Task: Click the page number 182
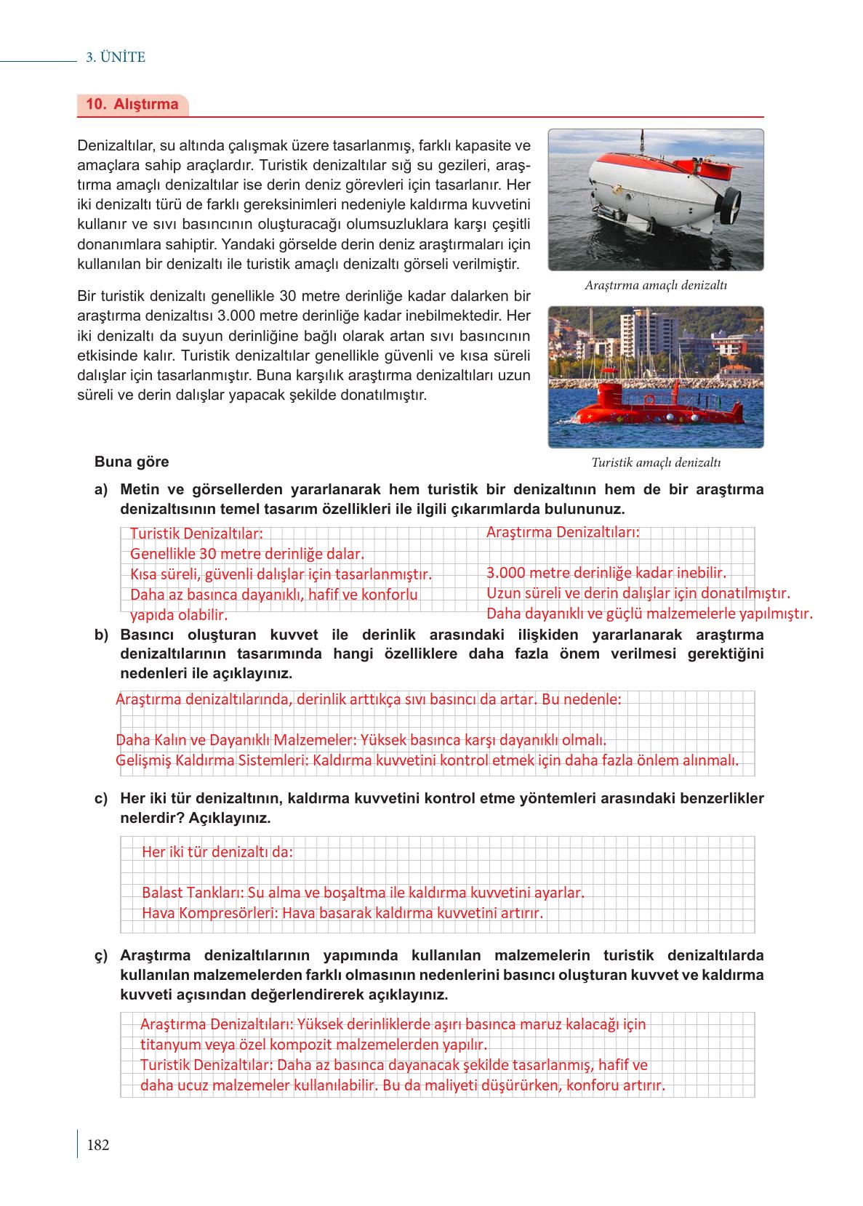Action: pyautogui.click(x=97, y=1146)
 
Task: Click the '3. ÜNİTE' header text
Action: pyautogui.click(x=116, y=57)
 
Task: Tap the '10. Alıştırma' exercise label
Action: pyautogui.click(x=132, y=104)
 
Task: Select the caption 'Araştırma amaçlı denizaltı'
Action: pyautogui.click(x=655, y=286)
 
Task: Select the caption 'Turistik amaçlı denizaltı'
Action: pyautogui.click(x=655, y=462)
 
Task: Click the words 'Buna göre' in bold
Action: pyautogui.click(x=132, y=462)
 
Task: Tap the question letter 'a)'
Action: pyautogui.click(x=101, y=490)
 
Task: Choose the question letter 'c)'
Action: pyautogui.click(x=101, y=799)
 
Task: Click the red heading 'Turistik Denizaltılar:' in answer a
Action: pyautogui.click(x=196, y=534)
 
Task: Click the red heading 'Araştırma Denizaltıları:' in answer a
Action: pyautogui.click(x=562, y=532)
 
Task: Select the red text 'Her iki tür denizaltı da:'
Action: pyautogui.click(x=217, y=852)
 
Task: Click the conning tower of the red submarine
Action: pyautogui.click(x=609, y=395)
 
